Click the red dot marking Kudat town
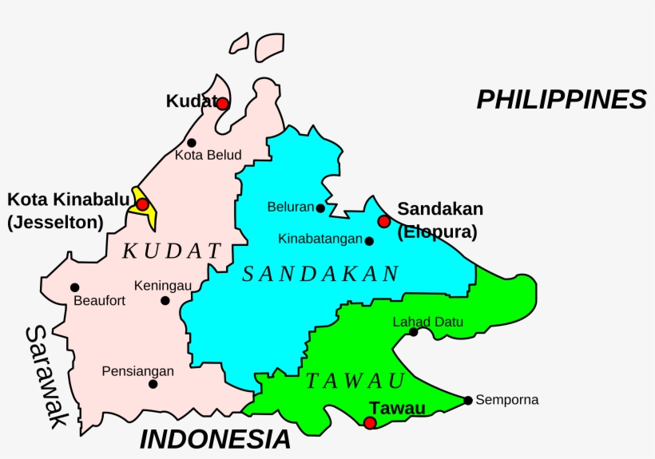pyautogui.click(x=223, y=104)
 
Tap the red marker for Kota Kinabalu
pyautogui.click(x=142, y=204)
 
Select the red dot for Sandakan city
pyautogui.click(x=384, y=221)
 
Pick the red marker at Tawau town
pyautogui.click(x=370, y=422)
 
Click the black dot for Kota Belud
pyautogui.click(x=192, y=143)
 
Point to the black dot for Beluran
pyautogui.click(x=320, y=208)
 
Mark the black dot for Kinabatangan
pyautogui.click(x=369, y=240)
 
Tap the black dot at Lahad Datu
pyautogui.click(x=413, y=332)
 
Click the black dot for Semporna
pyautogui.click(x=468, y=400)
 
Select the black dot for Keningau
pyautogui.click(x=165, y=301)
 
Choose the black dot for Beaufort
pyautogui.click(x=74, y=287)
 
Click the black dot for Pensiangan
pyautogui.click(x=153, y=384)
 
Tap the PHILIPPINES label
pyautogui.click(x=561, y=100)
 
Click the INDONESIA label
pyautogui.click(x=215, y=439)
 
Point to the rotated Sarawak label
pyautogui.click(x=43, y=377)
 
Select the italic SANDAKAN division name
pyautogui.click(x=320, y=275)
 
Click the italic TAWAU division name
pyautogui.click(x=355, y=381)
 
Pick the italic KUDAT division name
pyautogui.click(x=172, y=251)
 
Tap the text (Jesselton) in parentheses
pyautogui.click(x=55, y=224)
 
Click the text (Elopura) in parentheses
pyautogui.click(x=437, y=233)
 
